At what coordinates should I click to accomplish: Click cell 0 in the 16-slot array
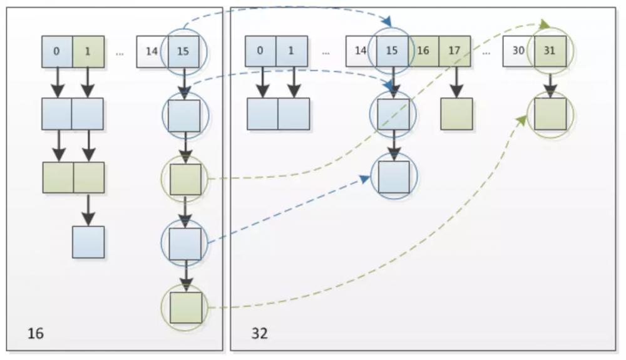click(x=57, y=51)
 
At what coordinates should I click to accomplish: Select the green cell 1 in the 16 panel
click(x=88, y=51)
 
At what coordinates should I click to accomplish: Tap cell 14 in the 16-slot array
click(x=151, y=51)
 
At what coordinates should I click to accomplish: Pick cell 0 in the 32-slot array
click(x=260, y=51)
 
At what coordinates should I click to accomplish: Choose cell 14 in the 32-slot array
click(x=361, y=51)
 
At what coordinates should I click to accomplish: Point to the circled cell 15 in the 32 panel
click(x=392, y=51)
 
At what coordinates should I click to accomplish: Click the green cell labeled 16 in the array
click(x=424, y=51)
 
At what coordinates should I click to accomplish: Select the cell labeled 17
click(x=454, y=51)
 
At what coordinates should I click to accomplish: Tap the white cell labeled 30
click(x=518, y=51)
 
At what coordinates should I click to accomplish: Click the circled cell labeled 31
click(x=550, y=51)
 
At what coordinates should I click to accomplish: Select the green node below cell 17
click(x=456, y=114)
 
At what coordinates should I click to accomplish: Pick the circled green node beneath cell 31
click(x=550, y=114)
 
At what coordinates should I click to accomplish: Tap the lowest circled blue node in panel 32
click(x=394, y=177)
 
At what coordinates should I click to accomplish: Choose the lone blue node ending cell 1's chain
click(x=88, y=242)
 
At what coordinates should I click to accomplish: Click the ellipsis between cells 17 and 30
click(x=486, y=53)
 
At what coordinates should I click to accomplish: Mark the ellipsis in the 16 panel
click(x=120, y=53)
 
